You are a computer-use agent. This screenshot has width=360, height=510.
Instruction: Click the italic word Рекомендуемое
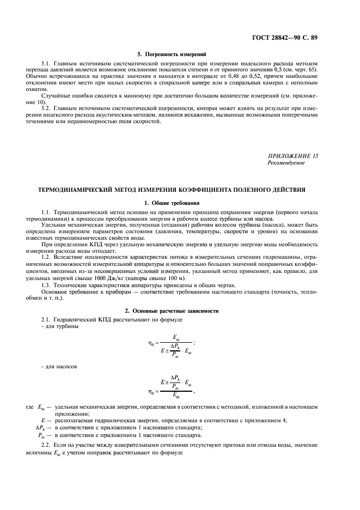pyautogui.click(x=286, y=162)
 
